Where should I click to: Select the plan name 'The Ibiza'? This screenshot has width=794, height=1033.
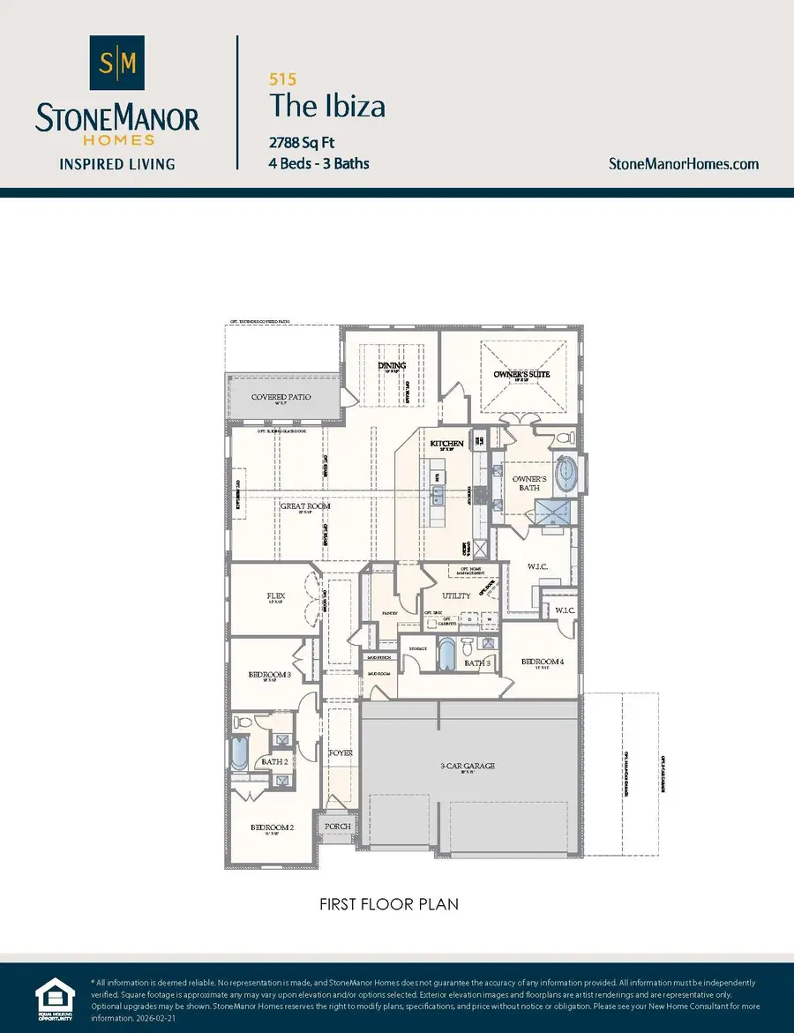[327, 107]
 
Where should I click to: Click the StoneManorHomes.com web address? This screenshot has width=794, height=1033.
[684, 163]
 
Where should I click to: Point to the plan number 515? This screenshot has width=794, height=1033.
[283, 79]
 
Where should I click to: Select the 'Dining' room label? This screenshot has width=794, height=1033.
[392, 365]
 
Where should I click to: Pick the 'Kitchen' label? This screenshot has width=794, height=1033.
[446, 443]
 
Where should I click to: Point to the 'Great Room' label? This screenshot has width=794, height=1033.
[305, 506]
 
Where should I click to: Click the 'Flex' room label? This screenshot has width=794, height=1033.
[275, 595]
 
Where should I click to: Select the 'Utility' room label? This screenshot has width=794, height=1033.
[456, 596]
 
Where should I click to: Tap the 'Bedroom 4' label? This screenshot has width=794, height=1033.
[541, 662]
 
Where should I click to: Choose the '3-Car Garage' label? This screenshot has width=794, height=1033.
[468, 766]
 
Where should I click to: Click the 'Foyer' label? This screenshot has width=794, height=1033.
[341, 753]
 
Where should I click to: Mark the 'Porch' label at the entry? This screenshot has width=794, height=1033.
[338, 827]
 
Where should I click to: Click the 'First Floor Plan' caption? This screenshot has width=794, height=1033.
[389, 904]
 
